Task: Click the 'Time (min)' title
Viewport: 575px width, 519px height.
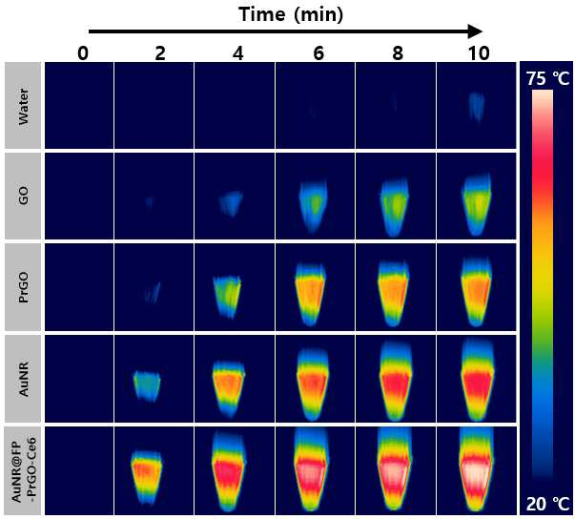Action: coord(291,15)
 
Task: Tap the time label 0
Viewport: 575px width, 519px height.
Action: coord(83,53)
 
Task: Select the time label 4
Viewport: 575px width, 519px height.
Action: coord(238,53)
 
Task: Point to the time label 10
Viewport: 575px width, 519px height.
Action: coord(479,53)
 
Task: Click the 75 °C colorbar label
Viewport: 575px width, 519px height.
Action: coord(548,78)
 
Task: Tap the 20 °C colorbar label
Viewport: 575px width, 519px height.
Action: coord(548,504)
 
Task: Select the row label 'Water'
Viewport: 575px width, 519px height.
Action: coord(23,106)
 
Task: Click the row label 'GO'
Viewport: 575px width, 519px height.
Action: coord(23,196)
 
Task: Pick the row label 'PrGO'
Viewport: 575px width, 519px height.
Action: coord(23,287)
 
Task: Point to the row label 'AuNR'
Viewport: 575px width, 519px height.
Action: coord(23,379)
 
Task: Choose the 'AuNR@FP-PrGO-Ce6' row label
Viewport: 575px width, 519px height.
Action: coord(24,470)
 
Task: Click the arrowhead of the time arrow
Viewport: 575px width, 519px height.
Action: coord(476,31)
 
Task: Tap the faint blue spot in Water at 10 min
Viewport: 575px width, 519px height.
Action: coord(477,106)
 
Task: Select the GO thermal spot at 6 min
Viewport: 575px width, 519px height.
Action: coord(314,205)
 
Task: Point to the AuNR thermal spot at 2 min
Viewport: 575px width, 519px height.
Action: coord(147,385)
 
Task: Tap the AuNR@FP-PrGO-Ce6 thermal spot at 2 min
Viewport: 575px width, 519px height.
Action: coord(147,477)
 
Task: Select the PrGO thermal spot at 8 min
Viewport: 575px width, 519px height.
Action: coord(394,294)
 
